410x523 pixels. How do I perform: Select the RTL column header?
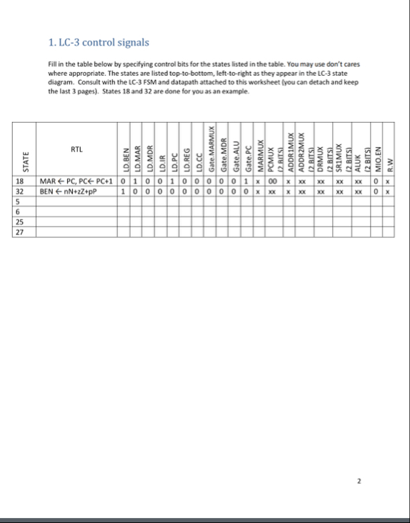[x=76, y=149]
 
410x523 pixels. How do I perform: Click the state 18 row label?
[x=20, y=181]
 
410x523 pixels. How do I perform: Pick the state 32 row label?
[x=20, y=191]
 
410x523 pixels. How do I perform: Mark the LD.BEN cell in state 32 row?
[x=125, y=191]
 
